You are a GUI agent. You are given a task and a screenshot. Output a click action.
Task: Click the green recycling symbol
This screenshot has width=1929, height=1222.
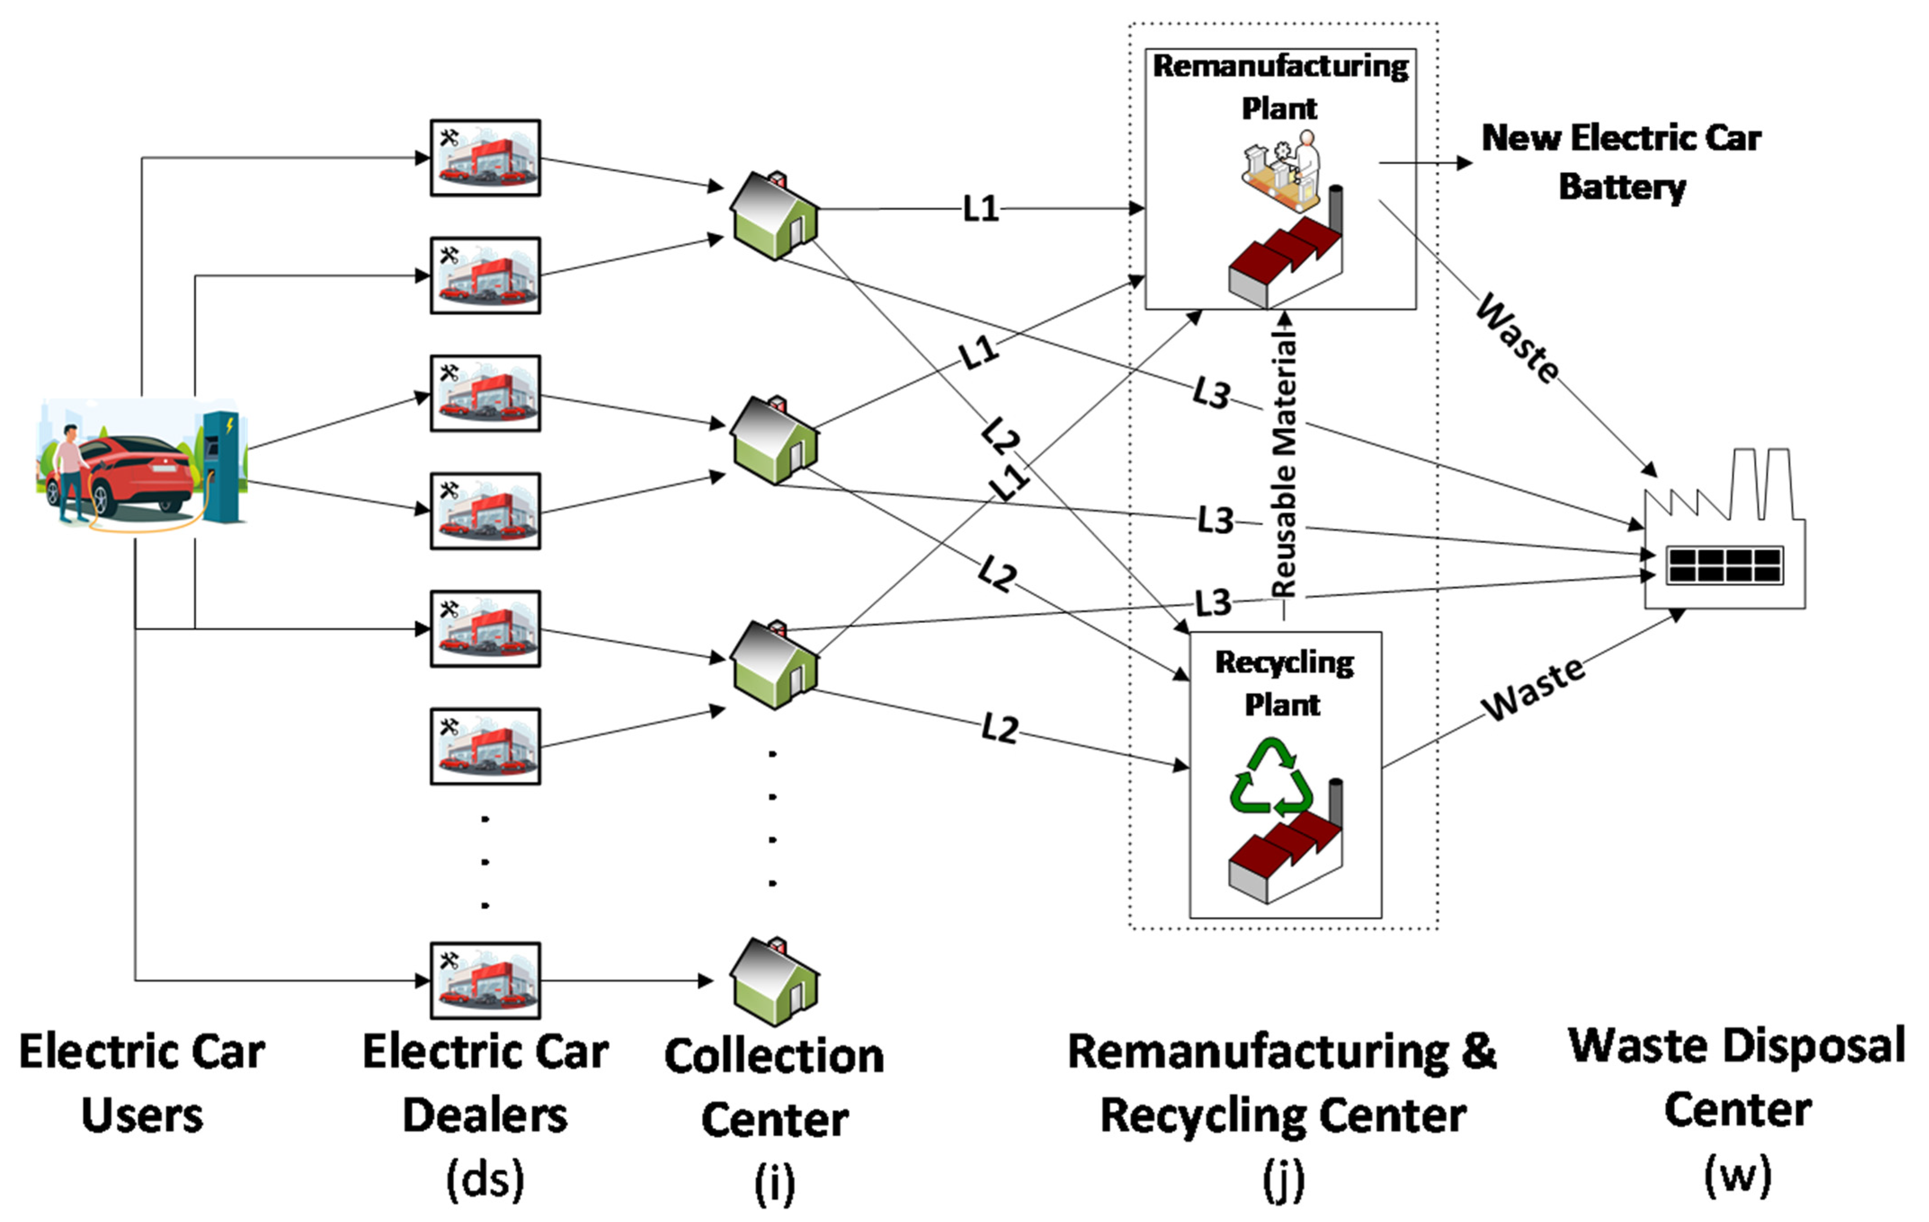pos(1272,776)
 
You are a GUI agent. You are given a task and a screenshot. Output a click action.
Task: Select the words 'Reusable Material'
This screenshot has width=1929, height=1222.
pos(1284,467)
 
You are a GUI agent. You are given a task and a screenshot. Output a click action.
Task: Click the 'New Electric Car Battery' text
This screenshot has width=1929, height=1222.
pos(1622,162)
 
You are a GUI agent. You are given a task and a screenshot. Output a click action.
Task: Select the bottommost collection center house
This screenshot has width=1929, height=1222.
pos(774,982)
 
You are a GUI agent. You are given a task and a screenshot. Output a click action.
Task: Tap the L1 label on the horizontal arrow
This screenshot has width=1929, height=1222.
pos(981,209)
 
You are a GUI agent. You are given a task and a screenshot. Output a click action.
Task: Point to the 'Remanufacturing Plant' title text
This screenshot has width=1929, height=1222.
pos(1280,87)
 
